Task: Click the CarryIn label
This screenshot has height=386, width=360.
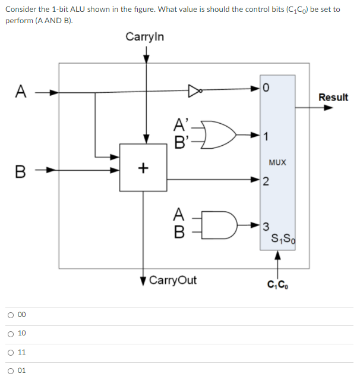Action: (145, 37)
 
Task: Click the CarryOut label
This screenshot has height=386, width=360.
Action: (172, 280)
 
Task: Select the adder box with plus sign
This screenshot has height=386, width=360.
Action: (143, 167)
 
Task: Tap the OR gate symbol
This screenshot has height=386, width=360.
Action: (218, 134)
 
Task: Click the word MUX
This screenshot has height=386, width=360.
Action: (277, 162)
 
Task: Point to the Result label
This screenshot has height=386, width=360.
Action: (333, 97)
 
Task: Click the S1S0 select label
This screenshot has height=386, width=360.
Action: (281, 240)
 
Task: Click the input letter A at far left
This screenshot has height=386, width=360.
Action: (21, 92)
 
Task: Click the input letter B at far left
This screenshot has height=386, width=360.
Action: (21, 174)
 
